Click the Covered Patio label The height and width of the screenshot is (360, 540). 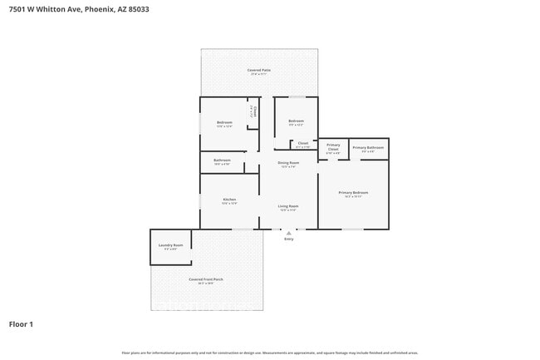click(259, 71)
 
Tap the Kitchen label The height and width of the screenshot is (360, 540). click(229, 200)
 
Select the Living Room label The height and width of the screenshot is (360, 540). click(288, 206)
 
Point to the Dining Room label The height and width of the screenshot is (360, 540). click(288, 163)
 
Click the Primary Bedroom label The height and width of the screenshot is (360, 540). click(353, 193)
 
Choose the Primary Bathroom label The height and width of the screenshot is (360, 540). click(369, 147)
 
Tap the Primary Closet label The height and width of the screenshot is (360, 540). click(333, 147)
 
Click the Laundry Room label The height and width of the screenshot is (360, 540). click(170, 245)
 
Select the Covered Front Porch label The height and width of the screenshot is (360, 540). click(205, 279)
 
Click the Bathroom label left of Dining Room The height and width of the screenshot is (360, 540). click(222, 160)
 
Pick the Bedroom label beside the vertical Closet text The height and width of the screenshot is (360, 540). click(224, 122)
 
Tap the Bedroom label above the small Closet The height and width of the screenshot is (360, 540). click(297, 121)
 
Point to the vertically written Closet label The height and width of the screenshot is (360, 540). click(255, 111)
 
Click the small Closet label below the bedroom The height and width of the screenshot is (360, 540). click(302, 144)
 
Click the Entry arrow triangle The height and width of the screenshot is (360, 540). click(289, 234)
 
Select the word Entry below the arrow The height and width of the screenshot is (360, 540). click(289, 239)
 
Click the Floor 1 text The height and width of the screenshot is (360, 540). click(21, 323)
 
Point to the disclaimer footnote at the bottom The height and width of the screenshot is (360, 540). click(269, 353)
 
